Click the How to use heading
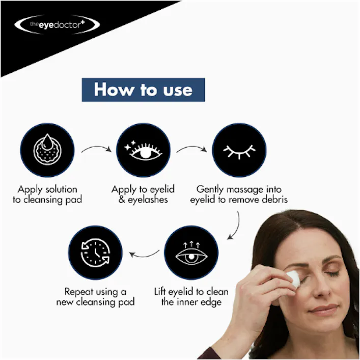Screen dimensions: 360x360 tap(143, 90)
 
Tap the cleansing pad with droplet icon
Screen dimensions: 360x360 tap(46, 150)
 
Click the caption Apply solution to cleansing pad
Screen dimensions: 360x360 tap(47, 195)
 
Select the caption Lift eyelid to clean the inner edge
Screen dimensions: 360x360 tap(191, 297)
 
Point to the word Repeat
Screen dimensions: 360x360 tap(78, 292)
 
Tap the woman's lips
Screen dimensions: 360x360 tap(324, 309)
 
